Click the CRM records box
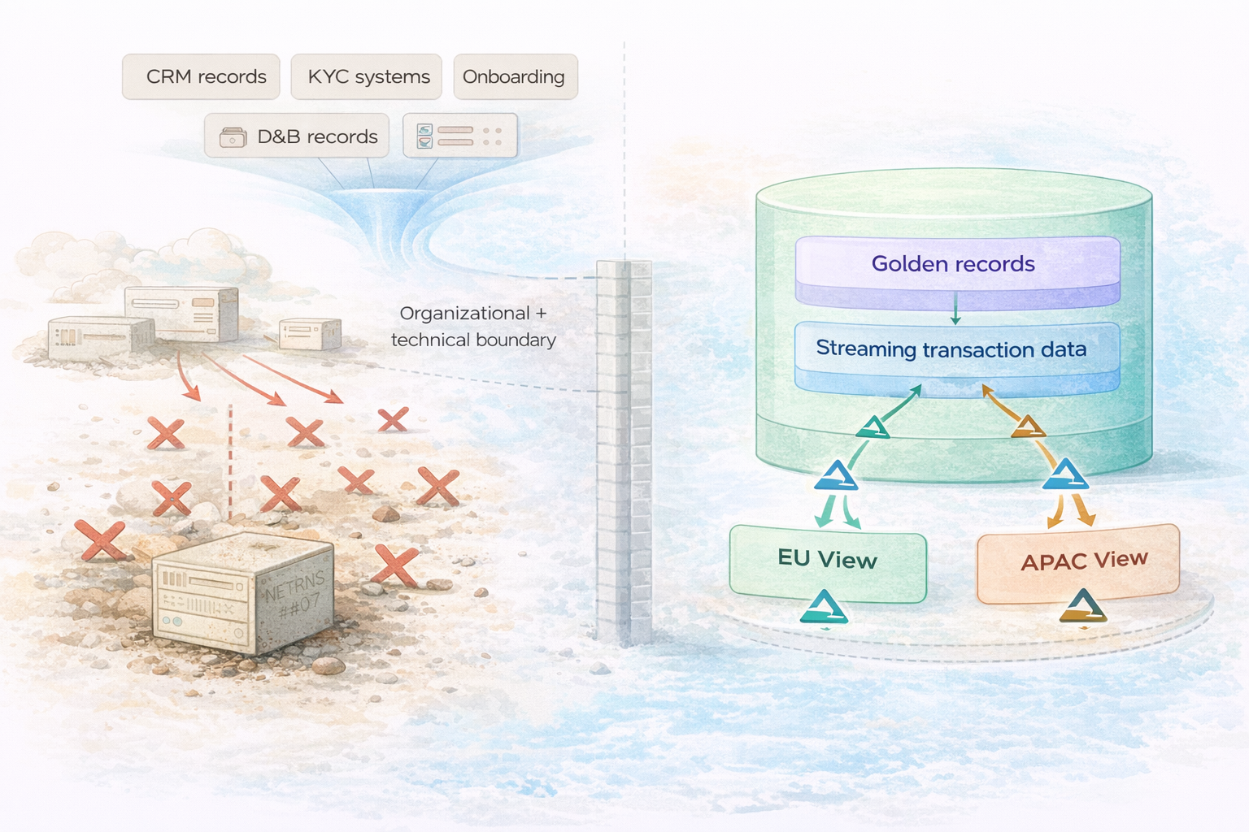pyautogui.click(x=201, y=76)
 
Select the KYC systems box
pyautogui.click(x=366, y=76)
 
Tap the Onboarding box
pyautogui.click(x=515, y=76)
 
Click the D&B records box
pyautogui.click(x=297, y=136)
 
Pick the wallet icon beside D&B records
pyautogui.click(x=233, y=136)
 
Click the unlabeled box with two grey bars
pyautogui.click(x=459, y=135)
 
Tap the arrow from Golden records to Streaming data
pyautogui.click(x=955, y=309)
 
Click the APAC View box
pyautogui.click(x=1077, y=563)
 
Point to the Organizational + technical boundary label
pyautogui.click(x=473, y=326)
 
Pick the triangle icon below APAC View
pyautogui.click(x=1083, y=606)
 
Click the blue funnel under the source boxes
pyautogui.click(x=374, y=219)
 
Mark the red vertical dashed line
pyautogui.click(x=230, y=463)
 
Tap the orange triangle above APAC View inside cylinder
pyautogui.click(x=1028, y=427)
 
